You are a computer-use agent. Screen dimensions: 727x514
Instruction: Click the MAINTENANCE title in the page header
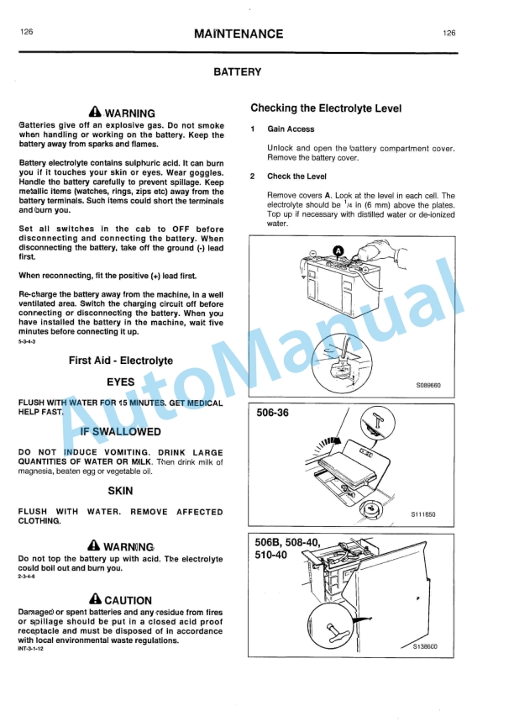coord(238,34)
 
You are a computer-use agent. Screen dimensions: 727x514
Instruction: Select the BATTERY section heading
coord(238,72)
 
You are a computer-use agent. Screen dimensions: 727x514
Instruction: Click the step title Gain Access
coord(291,129)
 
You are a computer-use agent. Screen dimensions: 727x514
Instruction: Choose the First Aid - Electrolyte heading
coord(120,361)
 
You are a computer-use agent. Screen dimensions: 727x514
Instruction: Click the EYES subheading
coord(120,382)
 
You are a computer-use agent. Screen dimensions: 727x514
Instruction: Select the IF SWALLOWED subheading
coord(120,432)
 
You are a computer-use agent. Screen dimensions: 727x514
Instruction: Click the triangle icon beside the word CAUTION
coord(95,599)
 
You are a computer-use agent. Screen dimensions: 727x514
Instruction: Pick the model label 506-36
coord(272,413)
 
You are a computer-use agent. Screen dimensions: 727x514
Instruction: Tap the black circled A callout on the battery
coord(338,250)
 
